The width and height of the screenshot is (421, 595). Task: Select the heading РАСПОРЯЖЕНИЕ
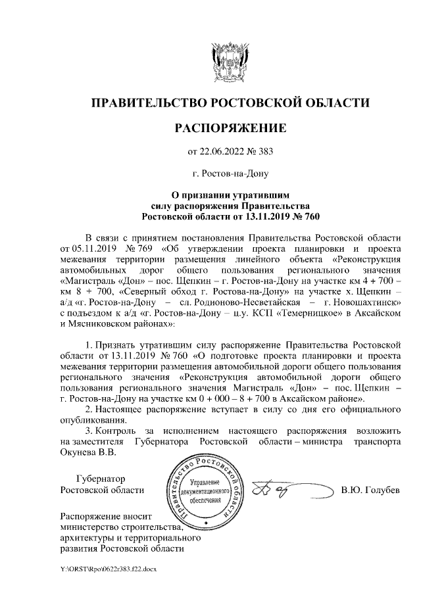(230, 128)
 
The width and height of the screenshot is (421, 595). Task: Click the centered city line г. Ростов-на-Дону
(230, 174)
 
